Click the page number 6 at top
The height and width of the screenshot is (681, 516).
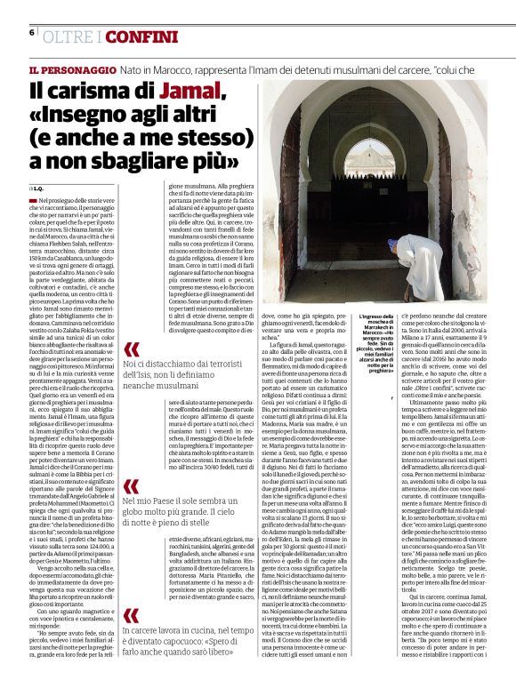coord(32,32)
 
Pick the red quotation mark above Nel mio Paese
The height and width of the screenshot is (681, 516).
coord(131,488)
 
